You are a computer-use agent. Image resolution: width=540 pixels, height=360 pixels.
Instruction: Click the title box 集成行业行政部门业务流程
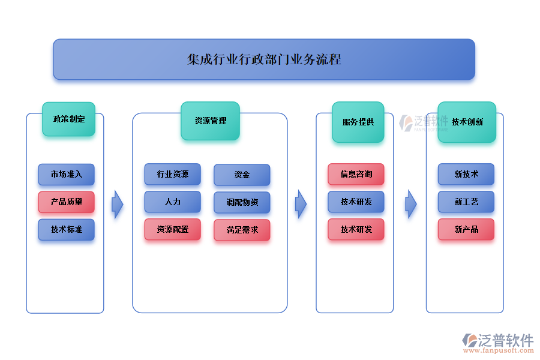pyautogui.click(x=264, y=59)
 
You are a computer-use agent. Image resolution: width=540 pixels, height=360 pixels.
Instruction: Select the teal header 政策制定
pyautogui.click(x=68, y=119)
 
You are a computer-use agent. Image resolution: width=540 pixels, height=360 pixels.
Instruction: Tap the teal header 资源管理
pyautogui.click(x=210, y=121)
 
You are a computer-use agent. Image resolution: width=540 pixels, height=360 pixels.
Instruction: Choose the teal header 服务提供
pyautogui.click(x=358, y=122)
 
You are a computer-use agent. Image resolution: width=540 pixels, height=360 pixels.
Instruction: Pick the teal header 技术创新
pyautogui.click(x=467, y=122)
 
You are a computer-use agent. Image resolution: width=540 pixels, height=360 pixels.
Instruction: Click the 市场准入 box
pyautogui.click(x=66, y=175)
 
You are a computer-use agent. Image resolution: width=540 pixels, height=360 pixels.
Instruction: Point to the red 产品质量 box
pyautogui.click(x=66, y=202)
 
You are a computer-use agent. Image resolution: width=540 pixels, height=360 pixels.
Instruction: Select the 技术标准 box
pyautogui.click(x=66, y=230)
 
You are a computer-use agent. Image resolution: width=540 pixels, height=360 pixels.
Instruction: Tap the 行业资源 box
pyautogui.click(x=172, y=174)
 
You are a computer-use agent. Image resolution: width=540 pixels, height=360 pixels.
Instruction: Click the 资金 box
pyautogui.click(x=242, y=175)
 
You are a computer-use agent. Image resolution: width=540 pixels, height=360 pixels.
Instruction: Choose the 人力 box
pyautogui.click(x=172, y=202)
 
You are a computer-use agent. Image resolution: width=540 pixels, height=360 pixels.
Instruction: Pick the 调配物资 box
pyautogui.click(x=242, y=202)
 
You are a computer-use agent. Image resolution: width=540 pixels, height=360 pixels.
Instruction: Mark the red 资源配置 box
pyautogui.click(x=172, y=229)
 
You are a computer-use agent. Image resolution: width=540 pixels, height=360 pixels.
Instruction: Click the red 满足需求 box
pyautogui.click(x=242, y=230)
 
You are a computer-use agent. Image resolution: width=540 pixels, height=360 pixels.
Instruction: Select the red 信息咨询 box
pyautogui.click(x=356, y=174)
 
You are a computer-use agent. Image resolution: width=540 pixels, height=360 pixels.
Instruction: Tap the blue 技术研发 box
pyautogui.click(x=356, y=202)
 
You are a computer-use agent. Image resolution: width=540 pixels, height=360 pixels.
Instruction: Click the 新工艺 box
pyautogui.click(x=466, y=202)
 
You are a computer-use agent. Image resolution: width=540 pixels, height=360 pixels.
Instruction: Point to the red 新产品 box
pyautogui.click(x=466, y=229)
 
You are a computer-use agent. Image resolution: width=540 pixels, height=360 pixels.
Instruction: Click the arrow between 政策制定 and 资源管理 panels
pyautogui.click(x=118, y=205)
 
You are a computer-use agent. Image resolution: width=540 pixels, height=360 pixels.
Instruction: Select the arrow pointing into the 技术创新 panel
pyautogui.click(x=411, y=205)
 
